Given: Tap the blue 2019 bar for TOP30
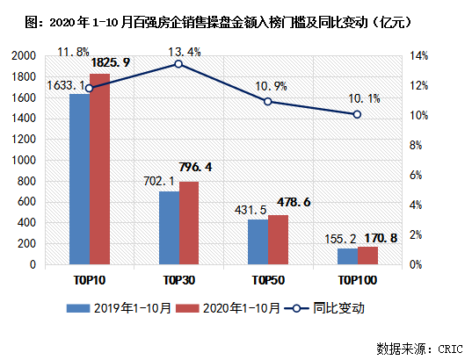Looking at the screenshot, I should coord(169,228).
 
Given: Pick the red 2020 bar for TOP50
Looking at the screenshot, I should coord(278,240).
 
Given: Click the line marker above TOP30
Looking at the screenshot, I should coord(178,64).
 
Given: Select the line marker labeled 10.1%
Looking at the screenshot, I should coord(357,114).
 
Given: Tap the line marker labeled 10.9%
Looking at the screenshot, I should coord(268,102).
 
